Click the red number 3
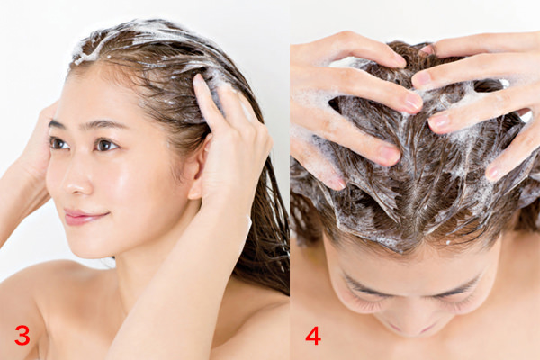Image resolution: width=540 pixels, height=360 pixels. pos(22,335)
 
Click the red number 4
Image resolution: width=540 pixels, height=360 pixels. pos(313,335)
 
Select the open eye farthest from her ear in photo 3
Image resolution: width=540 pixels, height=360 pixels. pos(58,143)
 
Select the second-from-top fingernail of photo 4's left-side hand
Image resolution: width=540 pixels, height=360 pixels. pos(414,102)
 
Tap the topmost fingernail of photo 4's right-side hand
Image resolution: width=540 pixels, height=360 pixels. pos(427,49)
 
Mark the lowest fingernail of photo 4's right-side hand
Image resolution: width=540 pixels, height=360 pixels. pos(492,174)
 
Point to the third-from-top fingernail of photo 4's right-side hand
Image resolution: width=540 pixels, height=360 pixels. pos(439,122)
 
